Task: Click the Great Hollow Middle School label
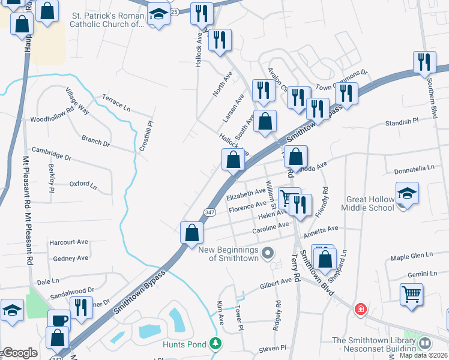click(368, 203)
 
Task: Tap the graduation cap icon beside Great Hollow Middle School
click(406, 193)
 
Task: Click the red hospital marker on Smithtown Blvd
click(360, 310)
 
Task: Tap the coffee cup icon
click(59, 319)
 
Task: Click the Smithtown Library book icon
click(425, 343)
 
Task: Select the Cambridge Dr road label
click(52, 154)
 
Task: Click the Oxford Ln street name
click(83, 184)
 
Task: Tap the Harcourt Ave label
click(68, 242)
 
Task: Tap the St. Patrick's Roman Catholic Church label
click(107, 20)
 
